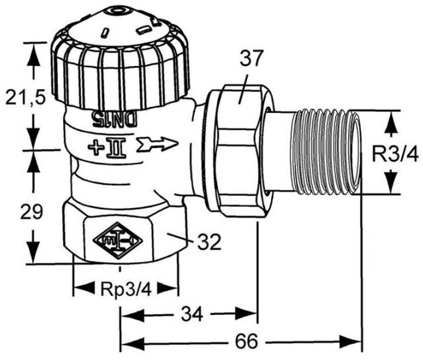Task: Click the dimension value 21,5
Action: pyautogui.click(x=26, y=97)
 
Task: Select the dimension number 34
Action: pyautogui.click(x=192, y=314)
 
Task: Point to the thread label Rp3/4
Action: pyautogui.click(x=126, y=289)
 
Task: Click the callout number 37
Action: pyautogui.click(x=251, y=59)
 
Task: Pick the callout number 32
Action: pyautogui.click(x=209, y=242)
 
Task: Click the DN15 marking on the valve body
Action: pyautogui.click(x=115, y=119)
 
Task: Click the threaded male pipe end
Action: pyautogui.click(x=328, y=152)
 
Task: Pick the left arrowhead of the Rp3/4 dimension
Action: pyautogui.click(x=84, y=288)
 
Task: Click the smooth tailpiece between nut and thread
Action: pyautogui.click(x=279, y=152)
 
